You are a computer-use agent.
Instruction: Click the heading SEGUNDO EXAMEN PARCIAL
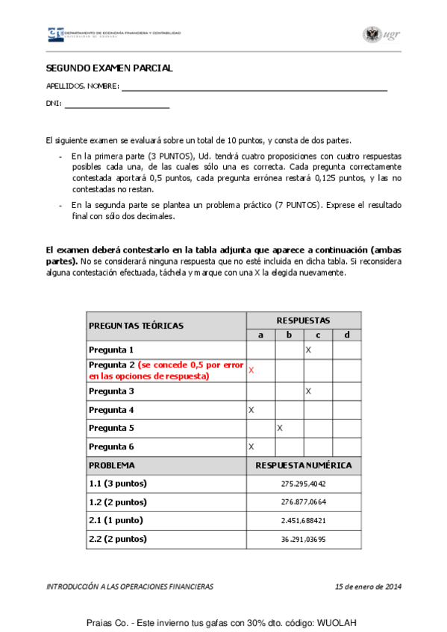tap(109, 68)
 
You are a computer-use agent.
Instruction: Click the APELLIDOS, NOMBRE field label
tap(82, 86)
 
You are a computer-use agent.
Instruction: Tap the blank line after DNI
tap(117, 105)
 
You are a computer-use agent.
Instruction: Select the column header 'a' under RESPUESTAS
tap(260, 335)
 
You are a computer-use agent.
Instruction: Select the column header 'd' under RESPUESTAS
tap(346, 335)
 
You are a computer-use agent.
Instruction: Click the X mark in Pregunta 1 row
tap(308, 349)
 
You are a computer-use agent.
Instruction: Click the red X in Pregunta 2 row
tap(251, 370)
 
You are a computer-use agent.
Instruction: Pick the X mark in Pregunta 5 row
tap(280, 428)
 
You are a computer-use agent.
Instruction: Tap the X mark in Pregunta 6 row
tap(251, 446)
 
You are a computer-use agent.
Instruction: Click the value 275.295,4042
tap(304, 484)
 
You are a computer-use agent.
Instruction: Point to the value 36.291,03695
tap(304, 539)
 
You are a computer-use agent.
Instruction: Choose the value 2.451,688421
tap(304, 520)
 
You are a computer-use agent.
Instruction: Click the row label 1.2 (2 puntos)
tap(118, 502)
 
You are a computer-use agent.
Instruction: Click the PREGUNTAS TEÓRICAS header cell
tap(136, 326)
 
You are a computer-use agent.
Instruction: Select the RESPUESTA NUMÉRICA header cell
tap(304, 465)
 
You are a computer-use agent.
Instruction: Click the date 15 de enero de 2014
tap(369, 587)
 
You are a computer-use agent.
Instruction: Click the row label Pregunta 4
tap(111, 409)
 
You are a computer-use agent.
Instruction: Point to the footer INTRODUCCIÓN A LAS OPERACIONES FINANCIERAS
tap(130, 587)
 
